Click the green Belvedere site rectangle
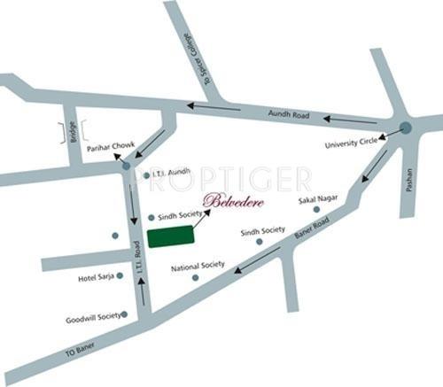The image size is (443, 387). pyautogui.click(x=170, y=236)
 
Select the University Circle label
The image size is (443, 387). pyautogui.click(x=351, y=143)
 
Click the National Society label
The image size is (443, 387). pyautogui.click(x=198, y=266)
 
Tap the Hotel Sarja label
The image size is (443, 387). pyautogui.click(x=96, y=276)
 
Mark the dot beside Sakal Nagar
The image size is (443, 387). pyautogui.click(x=316, y=210)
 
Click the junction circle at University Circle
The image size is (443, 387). pyautogui.click(x=405, y=128)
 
